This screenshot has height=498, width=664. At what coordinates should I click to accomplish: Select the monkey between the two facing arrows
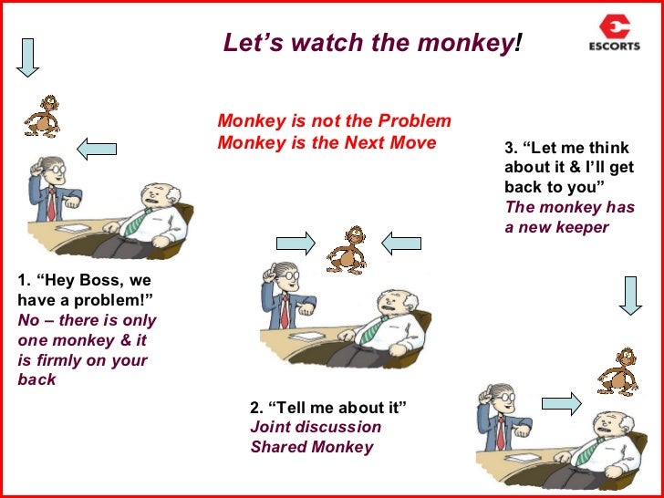pyautogui.click(x=348, y=248)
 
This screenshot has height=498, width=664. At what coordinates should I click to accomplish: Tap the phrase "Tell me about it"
pyautogui.click(x=338, y=406)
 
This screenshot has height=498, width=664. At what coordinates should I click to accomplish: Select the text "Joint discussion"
pyautogui.click(x=316, y=427)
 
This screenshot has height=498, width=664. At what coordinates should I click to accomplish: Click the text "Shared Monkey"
pyautogui.click(x=312, y=447)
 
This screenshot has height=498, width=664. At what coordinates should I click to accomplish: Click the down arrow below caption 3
pyautogui.click(x=630, y=296)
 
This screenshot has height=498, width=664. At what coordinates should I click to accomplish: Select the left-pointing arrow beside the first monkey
pyautogui.click(x=96, y=147)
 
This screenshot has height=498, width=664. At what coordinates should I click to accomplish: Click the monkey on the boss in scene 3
pyautogui.click(x=617, y=370)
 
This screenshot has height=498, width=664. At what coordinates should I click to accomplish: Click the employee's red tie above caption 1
pyautogui.click(x=51, y=204)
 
